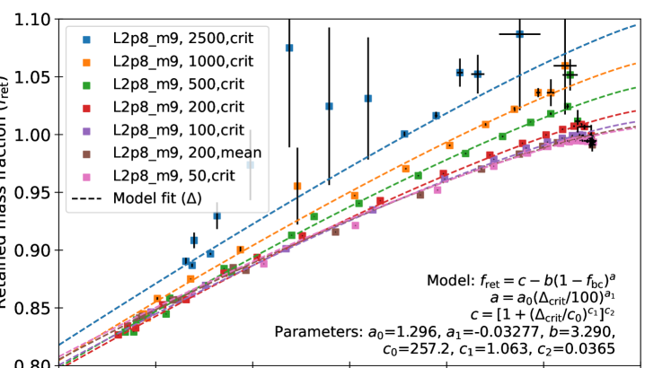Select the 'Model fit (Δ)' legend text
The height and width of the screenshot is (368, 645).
pyautogui.click(x=158, y=197)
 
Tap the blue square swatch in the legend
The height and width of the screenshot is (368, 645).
pyautogui.click(x=87, y=39)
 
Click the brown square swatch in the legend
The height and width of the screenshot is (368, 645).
pyautogui.click(x=87, y=153)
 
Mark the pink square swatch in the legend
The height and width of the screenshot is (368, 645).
pyautogui.click(x=87, y=175)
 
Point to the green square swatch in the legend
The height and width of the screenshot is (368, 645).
pyautogui.click(x=87, y=84)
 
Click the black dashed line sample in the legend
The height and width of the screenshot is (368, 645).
pyautogui.click(x=87, y=197)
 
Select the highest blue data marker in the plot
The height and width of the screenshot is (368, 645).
pyautogui.click(x=519, y=34)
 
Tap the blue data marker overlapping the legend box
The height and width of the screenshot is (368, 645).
pyautogui.click(x=251, y=165)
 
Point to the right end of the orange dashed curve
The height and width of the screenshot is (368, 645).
pyautogui.click(x=635, y=64)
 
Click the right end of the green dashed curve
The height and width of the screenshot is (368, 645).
pyautogui.click(x=635, y=89)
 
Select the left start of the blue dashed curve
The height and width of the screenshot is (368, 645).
pyautogui.click(x=60, y=343)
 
